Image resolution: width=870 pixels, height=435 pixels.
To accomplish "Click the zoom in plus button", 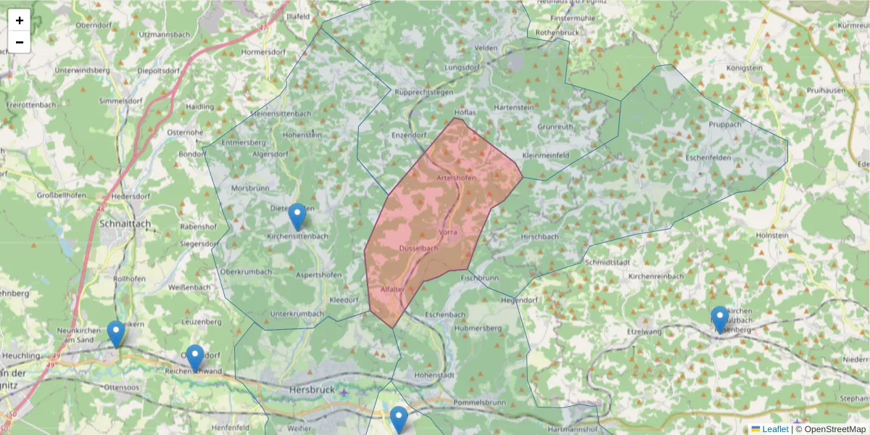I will tap(19, 20).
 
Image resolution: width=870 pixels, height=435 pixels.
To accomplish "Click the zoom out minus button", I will tap(19, 42).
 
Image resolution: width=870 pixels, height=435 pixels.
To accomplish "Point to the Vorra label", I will tap(448, 232).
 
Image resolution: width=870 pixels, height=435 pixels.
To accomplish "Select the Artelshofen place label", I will tap(457, 178).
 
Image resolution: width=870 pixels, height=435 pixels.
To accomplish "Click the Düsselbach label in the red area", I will tap(419, 248).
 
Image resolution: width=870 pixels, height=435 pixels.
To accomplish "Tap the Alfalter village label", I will tap(393, 289).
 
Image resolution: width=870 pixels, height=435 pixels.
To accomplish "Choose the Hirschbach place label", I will tap(539, 236).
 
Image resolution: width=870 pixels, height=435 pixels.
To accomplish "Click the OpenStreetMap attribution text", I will tap(831, 429).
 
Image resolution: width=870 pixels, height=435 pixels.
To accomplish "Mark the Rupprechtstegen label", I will tap(424, 92).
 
